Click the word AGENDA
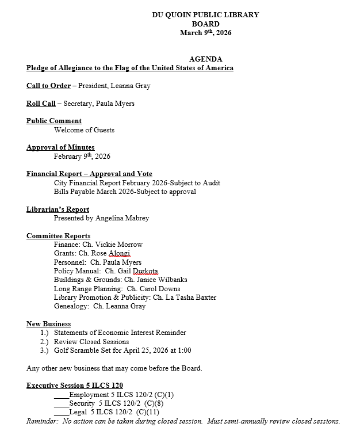(205, 59)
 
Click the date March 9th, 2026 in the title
(205, 33)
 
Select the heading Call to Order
(48, 86)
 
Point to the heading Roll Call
(41, 104)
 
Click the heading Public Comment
(54, 121)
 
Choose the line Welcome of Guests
(84, 130)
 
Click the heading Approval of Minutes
(60, 147)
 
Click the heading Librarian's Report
(58, 209)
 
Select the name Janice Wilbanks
(162, 280)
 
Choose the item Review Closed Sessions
(92, 341)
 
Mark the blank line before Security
(61, 403)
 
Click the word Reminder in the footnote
(41, 421)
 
